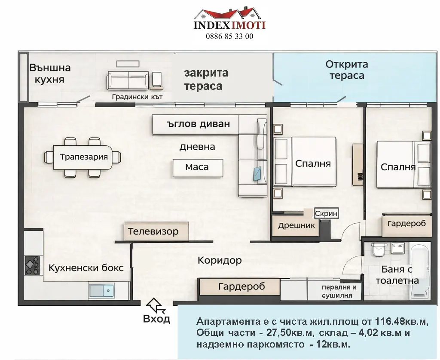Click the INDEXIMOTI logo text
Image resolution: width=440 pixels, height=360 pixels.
[x=229, y=25]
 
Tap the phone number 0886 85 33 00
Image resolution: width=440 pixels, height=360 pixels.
[x=229, y=36]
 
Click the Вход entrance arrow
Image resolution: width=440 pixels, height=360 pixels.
[x=154, y=305]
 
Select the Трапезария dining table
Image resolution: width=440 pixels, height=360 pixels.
[x=83, y=157]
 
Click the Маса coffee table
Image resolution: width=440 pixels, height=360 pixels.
[x=198, y=168]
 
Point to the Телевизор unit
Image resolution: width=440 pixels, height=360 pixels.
[x=156, y=232]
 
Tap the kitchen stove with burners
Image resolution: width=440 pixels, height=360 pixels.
[x=33, y=265]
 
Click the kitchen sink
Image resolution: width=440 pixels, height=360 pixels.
[x=101, y=291]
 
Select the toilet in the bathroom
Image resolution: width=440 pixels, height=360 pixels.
[x=378, y=249]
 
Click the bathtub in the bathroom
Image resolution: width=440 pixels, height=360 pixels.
[x=420, y=271]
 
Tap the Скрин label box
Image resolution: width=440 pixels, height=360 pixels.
[x=326, y=213]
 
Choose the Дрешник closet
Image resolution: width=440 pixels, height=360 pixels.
[x=296, y=225]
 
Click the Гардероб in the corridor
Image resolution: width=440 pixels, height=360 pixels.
[x=240, y=287]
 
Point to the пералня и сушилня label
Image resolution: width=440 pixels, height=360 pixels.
[x=339, y=291]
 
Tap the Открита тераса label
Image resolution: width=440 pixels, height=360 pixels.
[x=347, y=70]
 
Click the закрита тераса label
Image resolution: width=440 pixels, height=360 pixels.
[x=206, y=79]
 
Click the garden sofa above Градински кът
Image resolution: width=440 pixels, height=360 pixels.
[x=128, y=80]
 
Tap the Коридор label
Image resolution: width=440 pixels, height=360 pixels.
[x=220, y=261]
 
